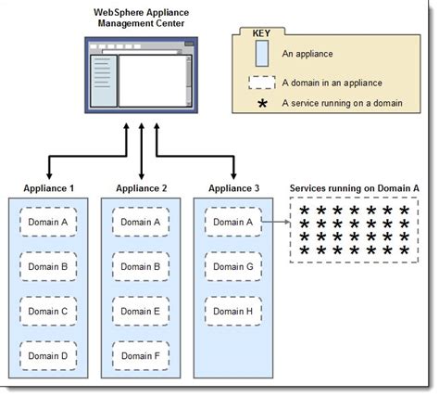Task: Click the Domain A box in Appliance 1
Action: tap(48, 222)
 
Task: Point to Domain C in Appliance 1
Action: tap(48, 311)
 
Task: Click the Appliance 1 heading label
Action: tap(48, 188)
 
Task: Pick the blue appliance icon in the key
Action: tap(262, 54)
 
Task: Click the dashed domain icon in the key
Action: tap(262, 82)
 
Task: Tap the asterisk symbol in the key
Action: tap(262, 103)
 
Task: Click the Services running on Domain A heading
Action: tap(355, 187)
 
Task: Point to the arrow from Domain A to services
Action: tap(275, 223)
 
